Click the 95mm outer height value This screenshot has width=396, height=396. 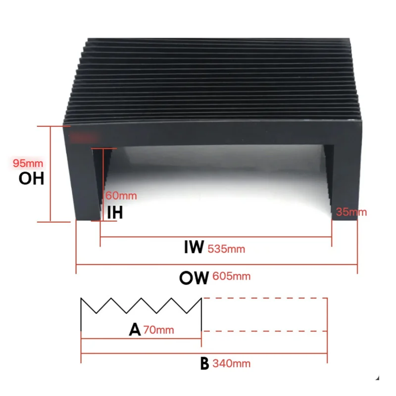[x=28, y=163]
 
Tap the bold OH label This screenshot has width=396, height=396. [x=32, y=178]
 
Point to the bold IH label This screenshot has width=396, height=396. [x=115, y=213]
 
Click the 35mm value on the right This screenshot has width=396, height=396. [x=351, y=212]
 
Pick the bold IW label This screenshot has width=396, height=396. [x=194, y=247]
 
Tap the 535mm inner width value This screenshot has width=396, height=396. [x=226, y=248]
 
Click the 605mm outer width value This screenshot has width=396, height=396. [x=232, y=276]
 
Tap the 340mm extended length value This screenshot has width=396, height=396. [x=232, y=364]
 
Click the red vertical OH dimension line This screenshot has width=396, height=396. [x=50, y=173]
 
